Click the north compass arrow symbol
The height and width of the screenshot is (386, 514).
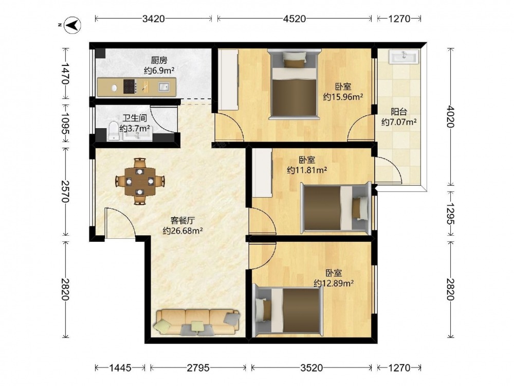(x=72, y=25)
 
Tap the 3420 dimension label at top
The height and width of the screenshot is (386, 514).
(x=153, y=19)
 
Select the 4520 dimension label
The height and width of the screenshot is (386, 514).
(x=294, y=19)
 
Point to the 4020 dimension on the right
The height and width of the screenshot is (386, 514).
(x=451, y=116)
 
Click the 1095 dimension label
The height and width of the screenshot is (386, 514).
(x=65, y=124)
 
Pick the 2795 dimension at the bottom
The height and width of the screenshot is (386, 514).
(x=198, y=367)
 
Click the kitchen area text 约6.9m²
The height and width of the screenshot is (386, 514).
(x=159, y=70)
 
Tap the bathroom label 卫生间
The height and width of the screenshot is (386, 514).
(x=134, y=118)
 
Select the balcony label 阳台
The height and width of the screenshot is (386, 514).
(x=399, y=112)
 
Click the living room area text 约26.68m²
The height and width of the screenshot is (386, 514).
(x=182, y=231)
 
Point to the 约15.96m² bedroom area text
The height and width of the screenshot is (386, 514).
(x=343, y=97)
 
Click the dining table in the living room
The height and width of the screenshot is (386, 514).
(x=140, y=181)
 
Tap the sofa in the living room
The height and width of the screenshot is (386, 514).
(x=198, y=322)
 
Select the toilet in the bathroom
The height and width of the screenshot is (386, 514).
(x=114, y=131)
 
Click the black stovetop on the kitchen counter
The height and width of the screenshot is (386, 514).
(x=130, y=86)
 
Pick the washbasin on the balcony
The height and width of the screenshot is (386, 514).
(x=404, y=57)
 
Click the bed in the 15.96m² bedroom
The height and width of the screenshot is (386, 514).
(x=294, y=84)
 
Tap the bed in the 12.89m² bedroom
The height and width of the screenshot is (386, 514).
(x=288, y=310)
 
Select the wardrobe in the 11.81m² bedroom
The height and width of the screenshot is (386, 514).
(x=262, y=172)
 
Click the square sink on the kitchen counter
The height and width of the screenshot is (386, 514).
(x=164, y=86)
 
